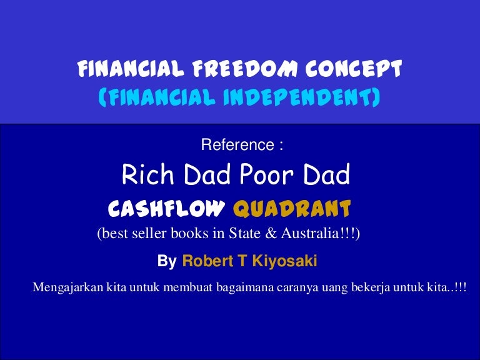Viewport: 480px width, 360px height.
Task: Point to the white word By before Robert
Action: [167, 261]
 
